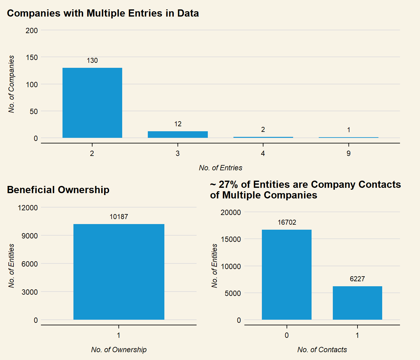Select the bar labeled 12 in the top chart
[177, 134]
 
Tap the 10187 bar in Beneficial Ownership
[119, 272]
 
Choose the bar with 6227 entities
[357, 303]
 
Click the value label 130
[92, 61]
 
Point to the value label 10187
[119, 217]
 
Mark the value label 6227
[357, 279]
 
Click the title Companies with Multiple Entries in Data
[103, 13]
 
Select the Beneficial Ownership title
[58, 190]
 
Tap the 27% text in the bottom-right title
[228, 185]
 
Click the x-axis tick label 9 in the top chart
[348, 153]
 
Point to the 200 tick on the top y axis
[32, 31]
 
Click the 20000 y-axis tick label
[231, 212]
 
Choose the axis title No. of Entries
[220, 168]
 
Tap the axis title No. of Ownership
[119, 350]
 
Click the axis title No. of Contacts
[322, 350]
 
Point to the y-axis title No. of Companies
[12, 84]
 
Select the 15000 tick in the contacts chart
[231, 239]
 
